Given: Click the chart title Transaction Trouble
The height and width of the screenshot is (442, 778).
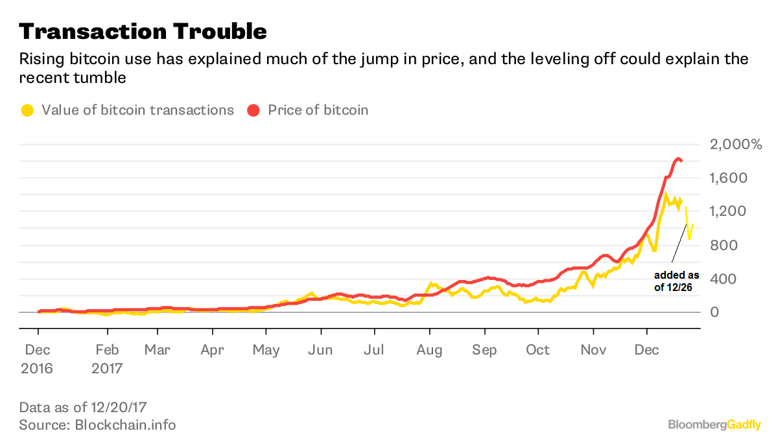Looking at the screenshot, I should (143, 31).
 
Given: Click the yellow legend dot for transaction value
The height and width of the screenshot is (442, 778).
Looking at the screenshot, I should (27, 110).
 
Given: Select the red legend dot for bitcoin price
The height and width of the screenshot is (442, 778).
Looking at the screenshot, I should (253, 110).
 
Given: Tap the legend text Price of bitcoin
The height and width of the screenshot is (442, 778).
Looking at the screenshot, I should (318, 110).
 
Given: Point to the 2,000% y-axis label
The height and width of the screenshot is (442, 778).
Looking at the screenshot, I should (737, 145).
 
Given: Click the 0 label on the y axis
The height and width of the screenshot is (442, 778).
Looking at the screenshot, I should (716, 312).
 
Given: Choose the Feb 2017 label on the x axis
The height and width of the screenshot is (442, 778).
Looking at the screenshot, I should (106, 359).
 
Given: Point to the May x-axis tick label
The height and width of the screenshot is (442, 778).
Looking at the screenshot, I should (266, 351).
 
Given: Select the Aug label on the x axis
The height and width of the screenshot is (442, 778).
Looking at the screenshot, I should (429, 351).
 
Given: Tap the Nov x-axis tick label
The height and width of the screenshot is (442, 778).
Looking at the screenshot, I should (593, 351).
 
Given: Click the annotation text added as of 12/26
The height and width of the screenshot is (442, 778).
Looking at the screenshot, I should (676, 281).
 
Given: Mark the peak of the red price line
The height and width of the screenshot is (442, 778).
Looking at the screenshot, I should (678, 158).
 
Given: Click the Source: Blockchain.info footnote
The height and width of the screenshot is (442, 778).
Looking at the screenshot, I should (97, 425).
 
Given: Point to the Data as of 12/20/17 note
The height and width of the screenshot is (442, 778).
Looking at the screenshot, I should (84, 408).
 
